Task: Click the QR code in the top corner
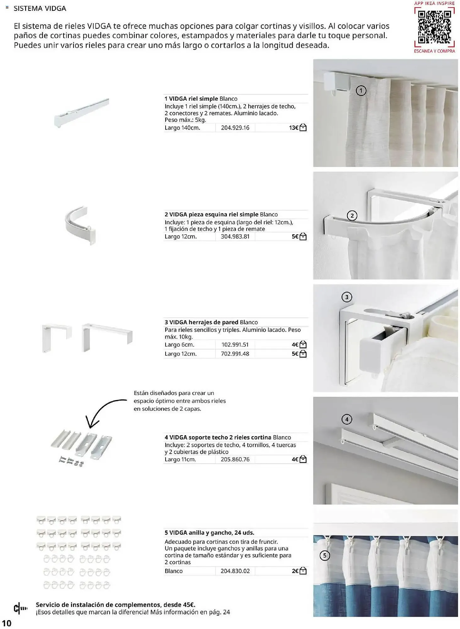(x=434, y=27)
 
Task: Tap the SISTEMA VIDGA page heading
(x=40, y=8)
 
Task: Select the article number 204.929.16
(x=235, y=128)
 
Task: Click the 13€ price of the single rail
(x=293, y=128)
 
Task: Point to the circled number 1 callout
(x=361, y=91)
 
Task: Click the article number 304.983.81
(x=235, y=237)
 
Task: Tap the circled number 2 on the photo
(x=352, y=216)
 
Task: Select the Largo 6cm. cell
(x=179, y=345)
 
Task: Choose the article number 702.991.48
(x=235, y=354)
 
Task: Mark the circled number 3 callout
(x=347, y=297)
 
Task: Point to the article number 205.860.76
(x=235, y=459)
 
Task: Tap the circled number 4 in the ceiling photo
(x=347, y=419)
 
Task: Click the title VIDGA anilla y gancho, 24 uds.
(x=209, y=533)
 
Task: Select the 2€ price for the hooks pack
(x=295, y=571)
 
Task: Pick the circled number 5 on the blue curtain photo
(x=325, y=556)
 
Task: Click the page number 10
(x=7, y=623)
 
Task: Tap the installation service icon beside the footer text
(x=20, y=609)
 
